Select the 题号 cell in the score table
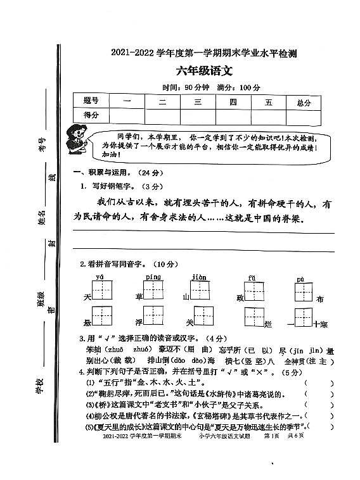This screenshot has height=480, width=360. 91,101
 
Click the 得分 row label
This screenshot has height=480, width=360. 91,115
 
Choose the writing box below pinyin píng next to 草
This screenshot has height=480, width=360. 154,291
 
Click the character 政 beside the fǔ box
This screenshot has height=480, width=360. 240,297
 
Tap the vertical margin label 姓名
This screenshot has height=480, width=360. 42,218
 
